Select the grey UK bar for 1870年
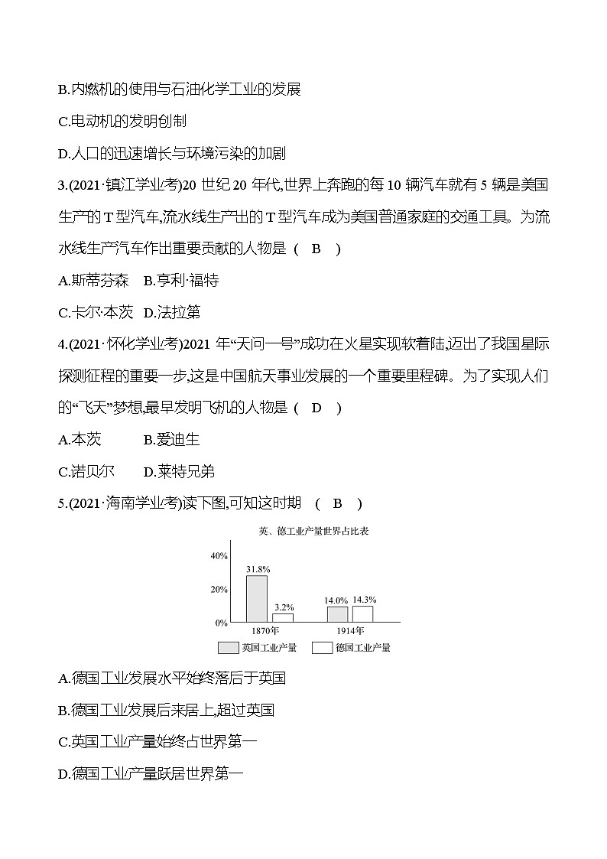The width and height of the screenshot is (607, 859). pos(257,599)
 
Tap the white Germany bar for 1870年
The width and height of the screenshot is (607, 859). pos(283,617)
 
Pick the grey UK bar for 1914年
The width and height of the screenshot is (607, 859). pos(337,613)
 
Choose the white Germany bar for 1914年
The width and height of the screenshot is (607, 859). pos(362,613)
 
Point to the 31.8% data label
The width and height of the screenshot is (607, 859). pos(257,570)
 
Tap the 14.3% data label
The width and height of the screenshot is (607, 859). pos(363,600)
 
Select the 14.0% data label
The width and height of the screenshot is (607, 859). pos(337,601)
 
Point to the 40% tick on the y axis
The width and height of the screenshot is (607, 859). pos(219,556)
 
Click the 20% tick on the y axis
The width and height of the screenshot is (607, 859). pos(219,590)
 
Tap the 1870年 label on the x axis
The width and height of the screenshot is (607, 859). pos(265,631)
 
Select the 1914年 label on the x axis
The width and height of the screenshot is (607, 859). pos(350,631)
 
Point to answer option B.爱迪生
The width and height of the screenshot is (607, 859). pos(171,440)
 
